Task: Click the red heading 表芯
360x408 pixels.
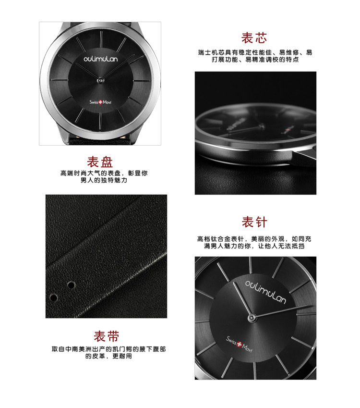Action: click(254, 38)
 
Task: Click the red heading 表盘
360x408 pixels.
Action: click(100, 162)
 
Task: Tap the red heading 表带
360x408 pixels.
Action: click(106, 336)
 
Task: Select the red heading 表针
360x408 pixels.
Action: click(254, 222)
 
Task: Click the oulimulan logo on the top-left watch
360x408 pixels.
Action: click(101, 59)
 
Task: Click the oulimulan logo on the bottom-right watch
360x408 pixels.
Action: click(265, 292)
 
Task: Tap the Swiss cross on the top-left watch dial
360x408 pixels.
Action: click(100, 102)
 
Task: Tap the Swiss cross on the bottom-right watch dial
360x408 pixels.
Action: click(239, 344)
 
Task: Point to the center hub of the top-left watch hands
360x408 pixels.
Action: click(100, 80)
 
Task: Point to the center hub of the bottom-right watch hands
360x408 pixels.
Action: click(252, 318)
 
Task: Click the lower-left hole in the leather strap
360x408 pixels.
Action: click(54, 297)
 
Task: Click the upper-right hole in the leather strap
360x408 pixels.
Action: click(71, 285)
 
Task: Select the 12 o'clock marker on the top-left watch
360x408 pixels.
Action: click(100, 39)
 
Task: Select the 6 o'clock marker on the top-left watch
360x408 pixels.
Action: click(100, 122)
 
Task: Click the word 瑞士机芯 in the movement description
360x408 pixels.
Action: click(211, 52)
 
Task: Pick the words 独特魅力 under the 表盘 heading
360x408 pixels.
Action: click(114, 180)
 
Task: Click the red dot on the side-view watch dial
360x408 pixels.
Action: click(288, 130)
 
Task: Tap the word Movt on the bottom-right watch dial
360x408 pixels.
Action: click(247, 348)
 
